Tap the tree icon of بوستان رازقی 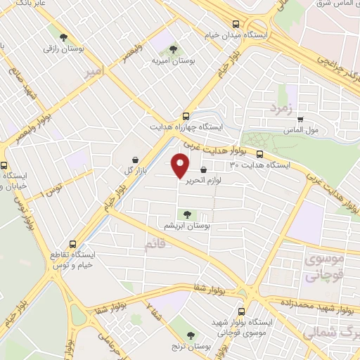63,37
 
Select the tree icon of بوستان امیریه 173,49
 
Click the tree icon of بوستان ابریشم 186,215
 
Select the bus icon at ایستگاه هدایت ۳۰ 259,155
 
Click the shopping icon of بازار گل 136,160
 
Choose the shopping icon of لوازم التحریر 203,169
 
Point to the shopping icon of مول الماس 300,120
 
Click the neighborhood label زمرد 278,109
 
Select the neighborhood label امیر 94,72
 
